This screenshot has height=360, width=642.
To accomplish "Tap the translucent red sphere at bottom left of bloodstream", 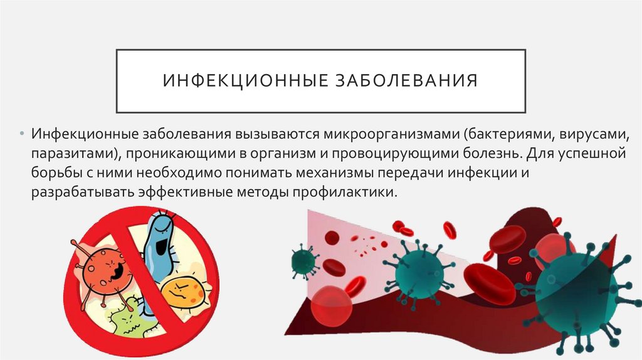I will point(331,306).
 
